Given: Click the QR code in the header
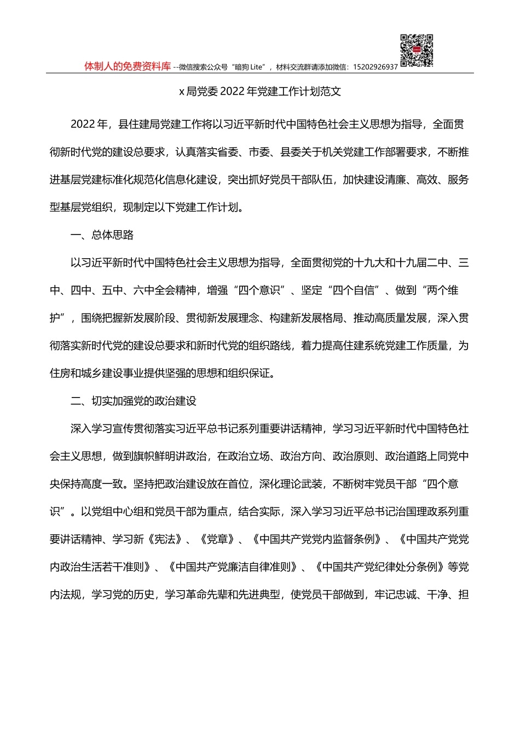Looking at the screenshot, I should (417, 51).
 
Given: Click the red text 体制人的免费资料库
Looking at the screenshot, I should (128, 66).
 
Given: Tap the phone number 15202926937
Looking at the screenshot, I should (375, 67).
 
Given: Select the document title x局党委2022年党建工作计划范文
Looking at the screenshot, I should (260, 92).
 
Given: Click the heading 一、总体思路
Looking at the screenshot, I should (102, 235).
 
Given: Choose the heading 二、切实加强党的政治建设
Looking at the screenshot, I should (134, 401).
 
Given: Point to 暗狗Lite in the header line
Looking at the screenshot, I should (249, 67).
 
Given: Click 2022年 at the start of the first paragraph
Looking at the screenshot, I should (90, 124).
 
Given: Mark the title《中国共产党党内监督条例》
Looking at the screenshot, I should (317, 540).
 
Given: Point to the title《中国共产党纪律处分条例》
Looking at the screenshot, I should (380, 567).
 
